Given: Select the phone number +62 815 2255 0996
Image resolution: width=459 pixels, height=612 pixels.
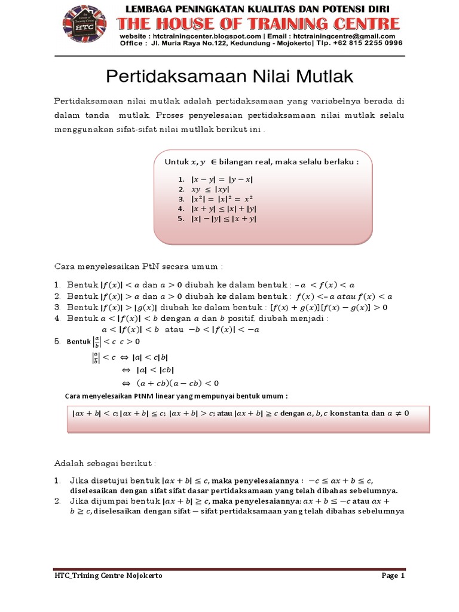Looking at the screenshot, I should pyautogui.click(x=370, y=43).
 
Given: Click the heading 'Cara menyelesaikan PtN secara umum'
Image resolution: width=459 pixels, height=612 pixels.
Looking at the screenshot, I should pyautogui.click(x=138, y=265).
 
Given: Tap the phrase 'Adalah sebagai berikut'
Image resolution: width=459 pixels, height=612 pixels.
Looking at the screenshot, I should pyautogui.click(x=105, y=463).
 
